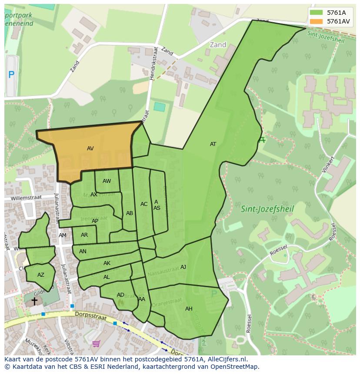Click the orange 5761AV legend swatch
[x=317, y=21]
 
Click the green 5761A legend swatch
[x=317, y=13]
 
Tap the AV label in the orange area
[x=90, y=149]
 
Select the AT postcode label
[x=213, y=144]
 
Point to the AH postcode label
[x=189, y=309]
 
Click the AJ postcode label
[x=183, y=267]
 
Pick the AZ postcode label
[x=41, y=275]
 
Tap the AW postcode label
[x=107, y=181]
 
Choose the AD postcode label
[x=120, y=295]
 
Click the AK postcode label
[x=107, y=263]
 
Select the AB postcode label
[x=130, y=213]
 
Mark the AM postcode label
[x=63, y=235]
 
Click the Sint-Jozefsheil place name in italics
[x=267, y=209]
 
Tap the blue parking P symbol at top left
[x=11, y=75]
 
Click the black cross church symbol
[x=34, y=301]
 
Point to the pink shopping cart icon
[x=96, y=344]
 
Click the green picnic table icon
[x=261, y=140]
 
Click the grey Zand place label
[x=218, y=45]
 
